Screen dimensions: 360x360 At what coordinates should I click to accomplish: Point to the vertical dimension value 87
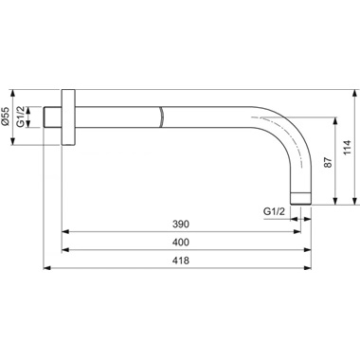click(x=329, y=162)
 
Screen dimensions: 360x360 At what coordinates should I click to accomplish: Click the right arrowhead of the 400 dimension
click(x=311, y=251)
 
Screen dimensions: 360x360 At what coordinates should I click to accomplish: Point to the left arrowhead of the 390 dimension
click(x=66, y=233)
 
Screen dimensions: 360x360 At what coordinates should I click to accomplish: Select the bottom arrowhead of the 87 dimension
click(x=334, y=201)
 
